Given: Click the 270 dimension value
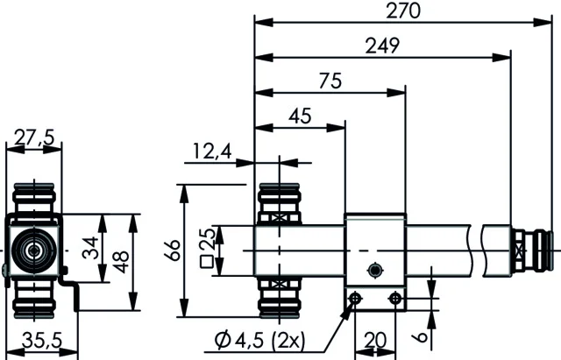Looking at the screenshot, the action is (403, 11).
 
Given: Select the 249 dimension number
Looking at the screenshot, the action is (382, 46).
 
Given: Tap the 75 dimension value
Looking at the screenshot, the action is (330, 81).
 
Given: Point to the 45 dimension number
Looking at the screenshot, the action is (300, 116).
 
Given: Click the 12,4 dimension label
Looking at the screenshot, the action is (212, 152).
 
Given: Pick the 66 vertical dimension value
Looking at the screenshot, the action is (174, 251).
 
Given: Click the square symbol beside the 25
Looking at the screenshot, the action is (207, 262).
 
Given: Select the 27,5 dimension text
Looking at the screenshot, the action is (33, 138).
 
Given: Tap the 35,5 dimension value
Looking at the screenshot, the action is (42, 341).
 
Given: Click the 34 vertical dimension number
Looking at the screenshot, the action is (90, 247).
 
